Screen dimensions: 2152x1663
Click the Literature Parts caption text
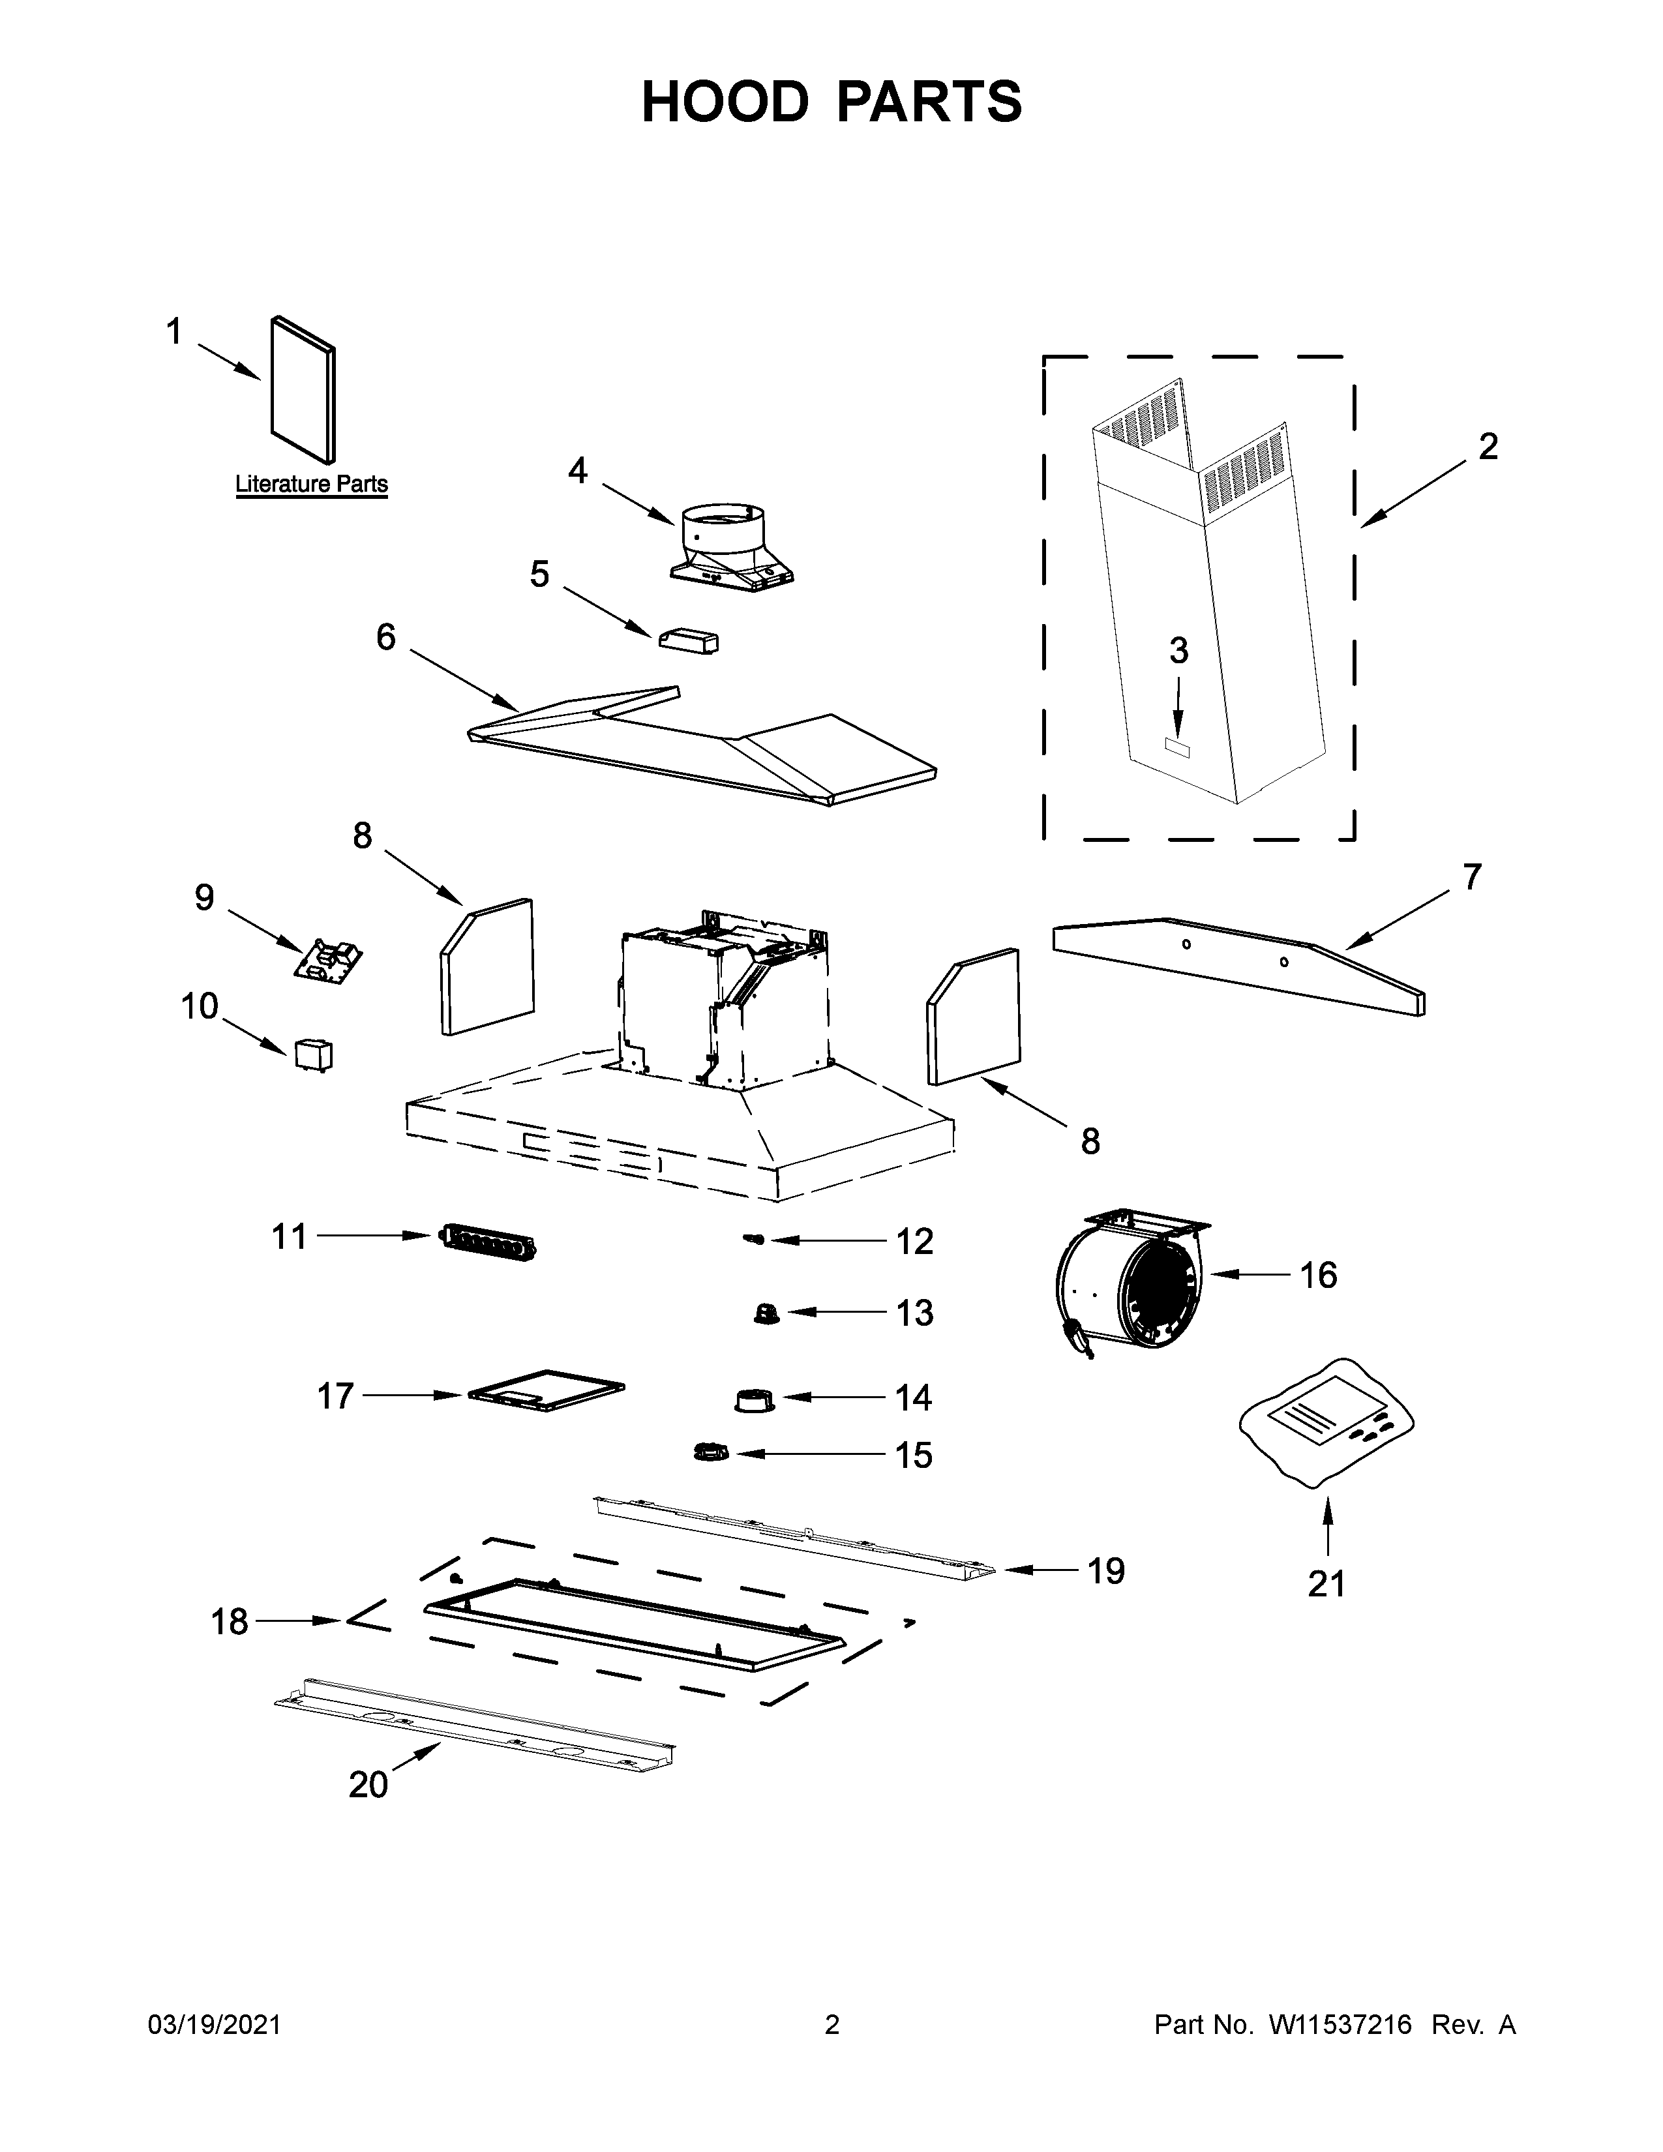pos(311,484)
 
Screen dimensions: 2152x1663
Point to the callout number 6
pos(385,638)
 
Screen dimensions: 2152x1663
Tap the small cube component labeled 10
pos(312,1054)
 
